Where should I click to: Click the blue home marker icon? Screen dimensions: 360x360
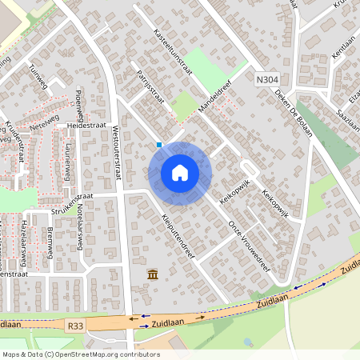[180, 173]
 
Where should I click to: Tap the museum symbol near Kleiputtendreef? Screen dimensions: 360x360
[152, 276]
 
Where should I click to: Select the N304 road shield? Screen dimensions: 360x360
[268, 80]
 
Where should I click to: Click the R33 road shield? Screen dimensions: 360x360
[76, 326]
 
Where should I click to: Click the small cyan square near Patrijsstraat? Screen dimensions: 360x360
[159, 145]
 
